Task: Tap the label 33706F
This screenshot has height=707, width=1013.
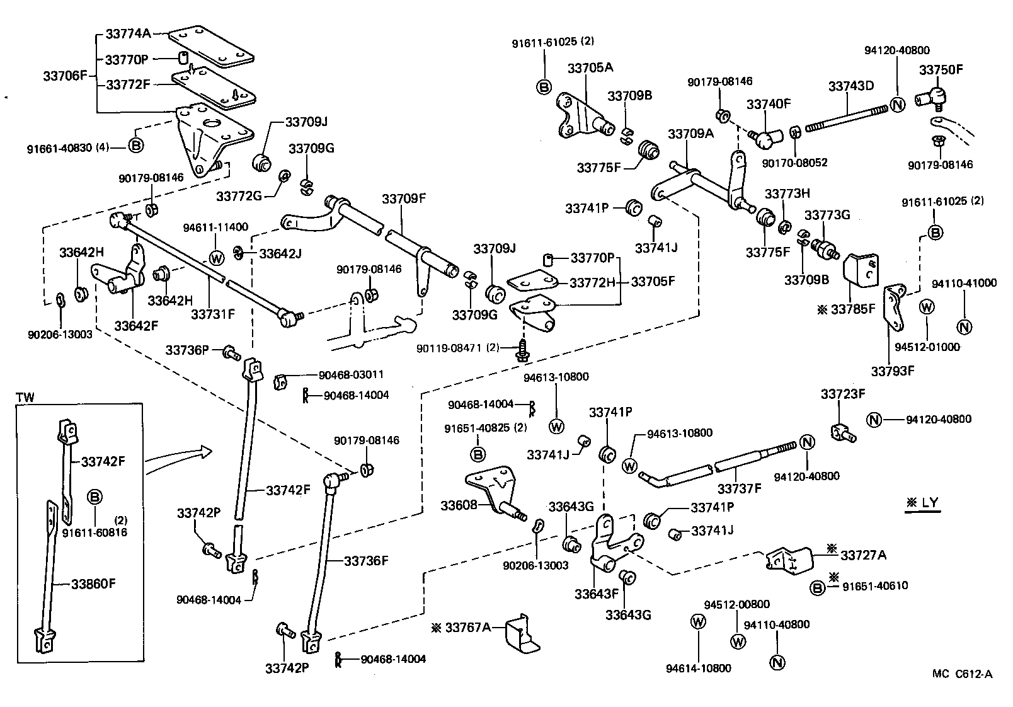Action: click(64, 76)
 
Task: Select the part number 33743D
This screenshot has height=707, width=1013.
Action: click(850, 86)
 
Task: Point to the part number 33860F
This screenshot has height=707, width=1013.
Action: click(93, 583)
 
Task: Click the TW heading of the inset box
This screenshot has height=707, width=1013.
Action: click(25, 398)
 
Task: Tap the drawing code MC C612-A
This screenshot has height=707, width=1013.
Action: click(962, 674)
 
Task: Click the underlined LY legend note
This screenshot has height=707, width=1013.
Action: click(923, 503)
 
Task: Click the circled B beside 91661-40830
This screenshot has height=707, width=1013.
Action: click(136, 147)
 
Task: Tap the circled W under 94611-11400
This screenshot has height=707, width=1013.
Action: click(216, 258)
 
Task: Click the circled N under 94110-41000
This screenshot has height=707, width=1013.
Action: click(964, 326)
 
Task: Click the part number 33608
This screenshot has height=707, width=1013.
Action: click(458, 505)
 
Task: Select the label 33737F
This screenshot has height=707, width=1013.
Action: click(740, 488)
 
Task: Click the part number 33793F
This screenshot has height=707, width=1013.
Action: click(892, 371)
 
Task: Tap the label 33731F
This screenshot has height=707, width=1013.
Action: click(213, 313)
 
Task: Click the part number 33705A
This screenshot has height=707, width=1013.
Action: click(590, 67)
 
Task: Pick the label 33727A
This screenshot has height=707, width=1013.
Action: click(864, 555)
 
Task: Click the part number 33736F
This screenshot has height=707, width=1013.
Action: click(366, 560)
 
